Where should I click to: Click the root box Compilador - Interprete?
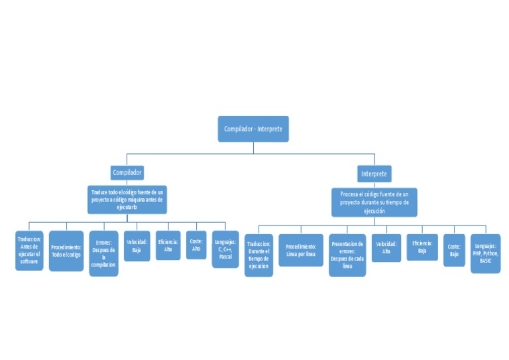click(x=253, y=129)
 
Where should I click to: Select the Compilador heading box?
click(x=127, y=172)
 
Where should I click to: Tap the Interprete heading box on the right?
click(x=374, y=174)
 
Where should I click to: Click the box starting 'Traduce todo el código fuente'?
click(x=127, y=199)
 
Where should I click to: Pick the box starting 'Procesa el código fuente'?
click(x=374, y=202)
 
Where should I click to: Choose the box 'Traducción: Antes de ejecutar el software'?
click(x=29, y=251)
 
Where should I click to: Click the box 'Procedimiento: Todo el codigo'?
click(x=66, y=251)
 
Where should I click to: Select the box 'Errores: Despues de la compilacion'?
click(x=103, y=253)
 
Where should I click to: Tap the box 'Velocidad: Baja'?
click(x=137, y=246)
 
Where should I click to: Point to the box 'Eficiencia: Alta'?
click(x=168, y=245)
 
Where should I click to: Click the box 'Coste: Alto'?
click(x=196, y=245)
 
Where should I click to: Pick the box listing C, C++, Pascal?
click(x=225, y=249)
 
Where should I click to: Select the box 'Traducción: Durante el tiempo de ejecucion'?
click(x=258, y=255)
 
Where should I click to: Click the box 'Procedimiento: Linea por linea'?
click(x=301, y=250)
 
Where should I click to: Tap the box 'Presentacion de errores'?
click(x=347, y=255)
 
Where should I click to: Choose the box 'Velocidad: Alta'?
click(x=386, y=248)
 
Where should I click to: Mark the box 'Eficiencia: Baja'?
click(x=422, y=247)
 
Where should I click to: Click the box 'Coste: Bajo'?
click(x=454, y=250)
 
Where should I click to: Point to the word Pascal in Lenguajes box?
click(x=225, y=256)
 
